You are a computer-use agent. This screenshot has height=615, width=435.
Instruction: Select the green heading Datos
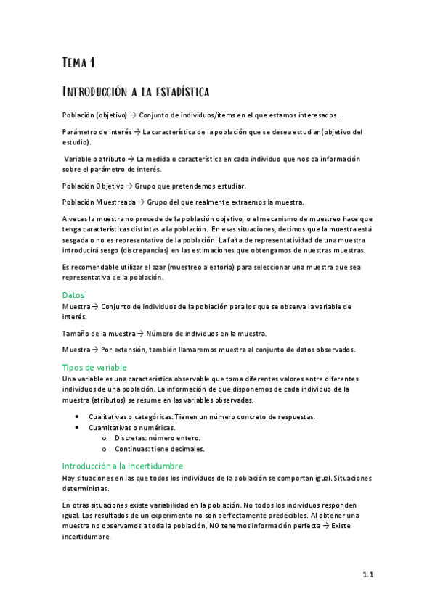73,295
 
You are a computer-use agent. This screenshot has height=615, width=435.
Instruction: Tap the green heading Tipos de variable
94,368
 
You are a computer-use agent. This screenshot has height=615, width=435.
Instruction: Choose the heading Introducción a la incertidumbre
122,466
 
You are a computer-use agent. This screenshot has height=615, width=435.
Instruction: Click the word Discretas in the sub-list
129,438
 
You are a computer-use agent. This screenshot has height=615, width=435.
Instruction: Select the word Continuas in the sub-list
130,448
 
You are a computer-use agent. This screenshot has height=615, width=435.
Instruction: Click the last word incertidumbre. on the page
86,537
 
